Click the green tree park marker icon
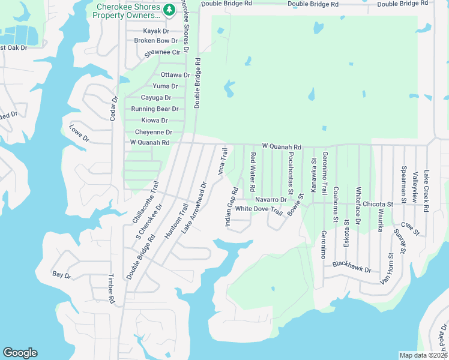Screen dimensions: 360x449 [170, 10]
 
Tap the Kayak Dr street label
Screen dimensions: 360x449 [157, 31]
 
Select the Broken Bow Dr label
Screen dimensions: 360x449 [156, 41]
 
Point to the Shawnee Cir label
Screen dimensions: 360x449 [163, 53]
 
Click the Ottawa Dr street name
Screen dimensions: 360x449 [175, 75]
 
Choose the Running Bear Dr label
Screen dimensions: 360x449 [155, 109]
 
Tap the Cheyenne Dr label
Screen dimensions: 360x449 [154, 133]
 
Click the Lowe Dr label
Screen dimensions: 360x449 [79, 133]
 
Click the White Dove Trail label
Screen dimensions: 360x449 [259, 209]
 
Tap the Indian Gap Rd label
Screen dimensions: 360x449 [232, 207]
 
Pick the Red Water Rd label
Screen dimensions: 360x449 [253, 169]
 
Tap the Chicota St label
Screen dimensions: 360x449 [378, 204]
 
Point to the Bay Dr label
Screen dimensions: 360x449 [62, 275]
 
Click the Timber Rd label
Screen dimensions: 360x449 [111, 289]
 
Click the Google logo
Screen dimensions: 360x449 [20, 353]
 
